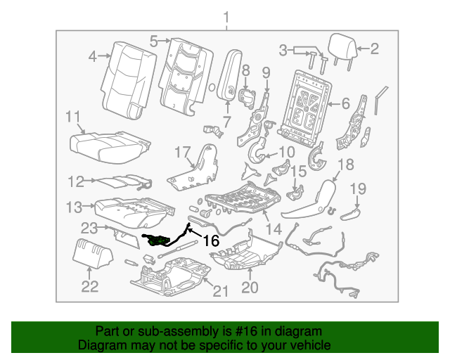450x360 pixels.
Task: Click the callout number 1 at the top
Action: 226,16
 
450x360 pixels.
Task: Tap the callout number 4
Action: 93,57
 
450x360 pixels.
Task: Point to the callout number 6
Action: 345,103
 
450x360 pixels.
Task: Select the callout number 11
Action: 74,117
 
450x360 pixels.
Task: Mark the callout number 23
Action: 89,228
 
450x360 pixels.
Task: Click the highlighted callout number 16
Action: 211,241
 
